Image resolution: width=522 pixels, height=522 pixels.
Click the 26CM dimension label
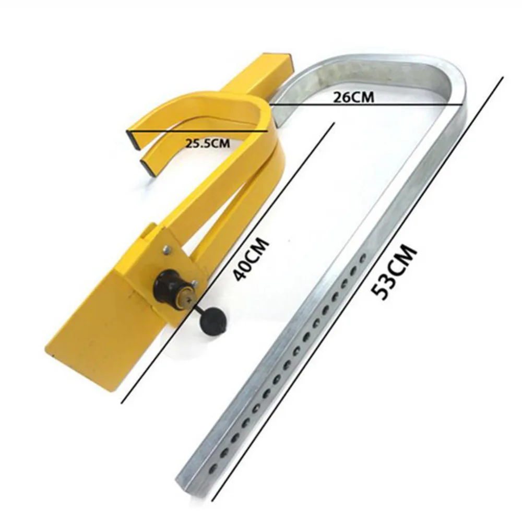point(353,97)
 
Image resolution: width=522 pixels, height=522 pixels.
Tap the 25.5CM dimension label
point(208,143)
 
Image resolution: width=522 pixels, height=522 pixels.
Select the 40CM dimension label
point(251,259)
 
